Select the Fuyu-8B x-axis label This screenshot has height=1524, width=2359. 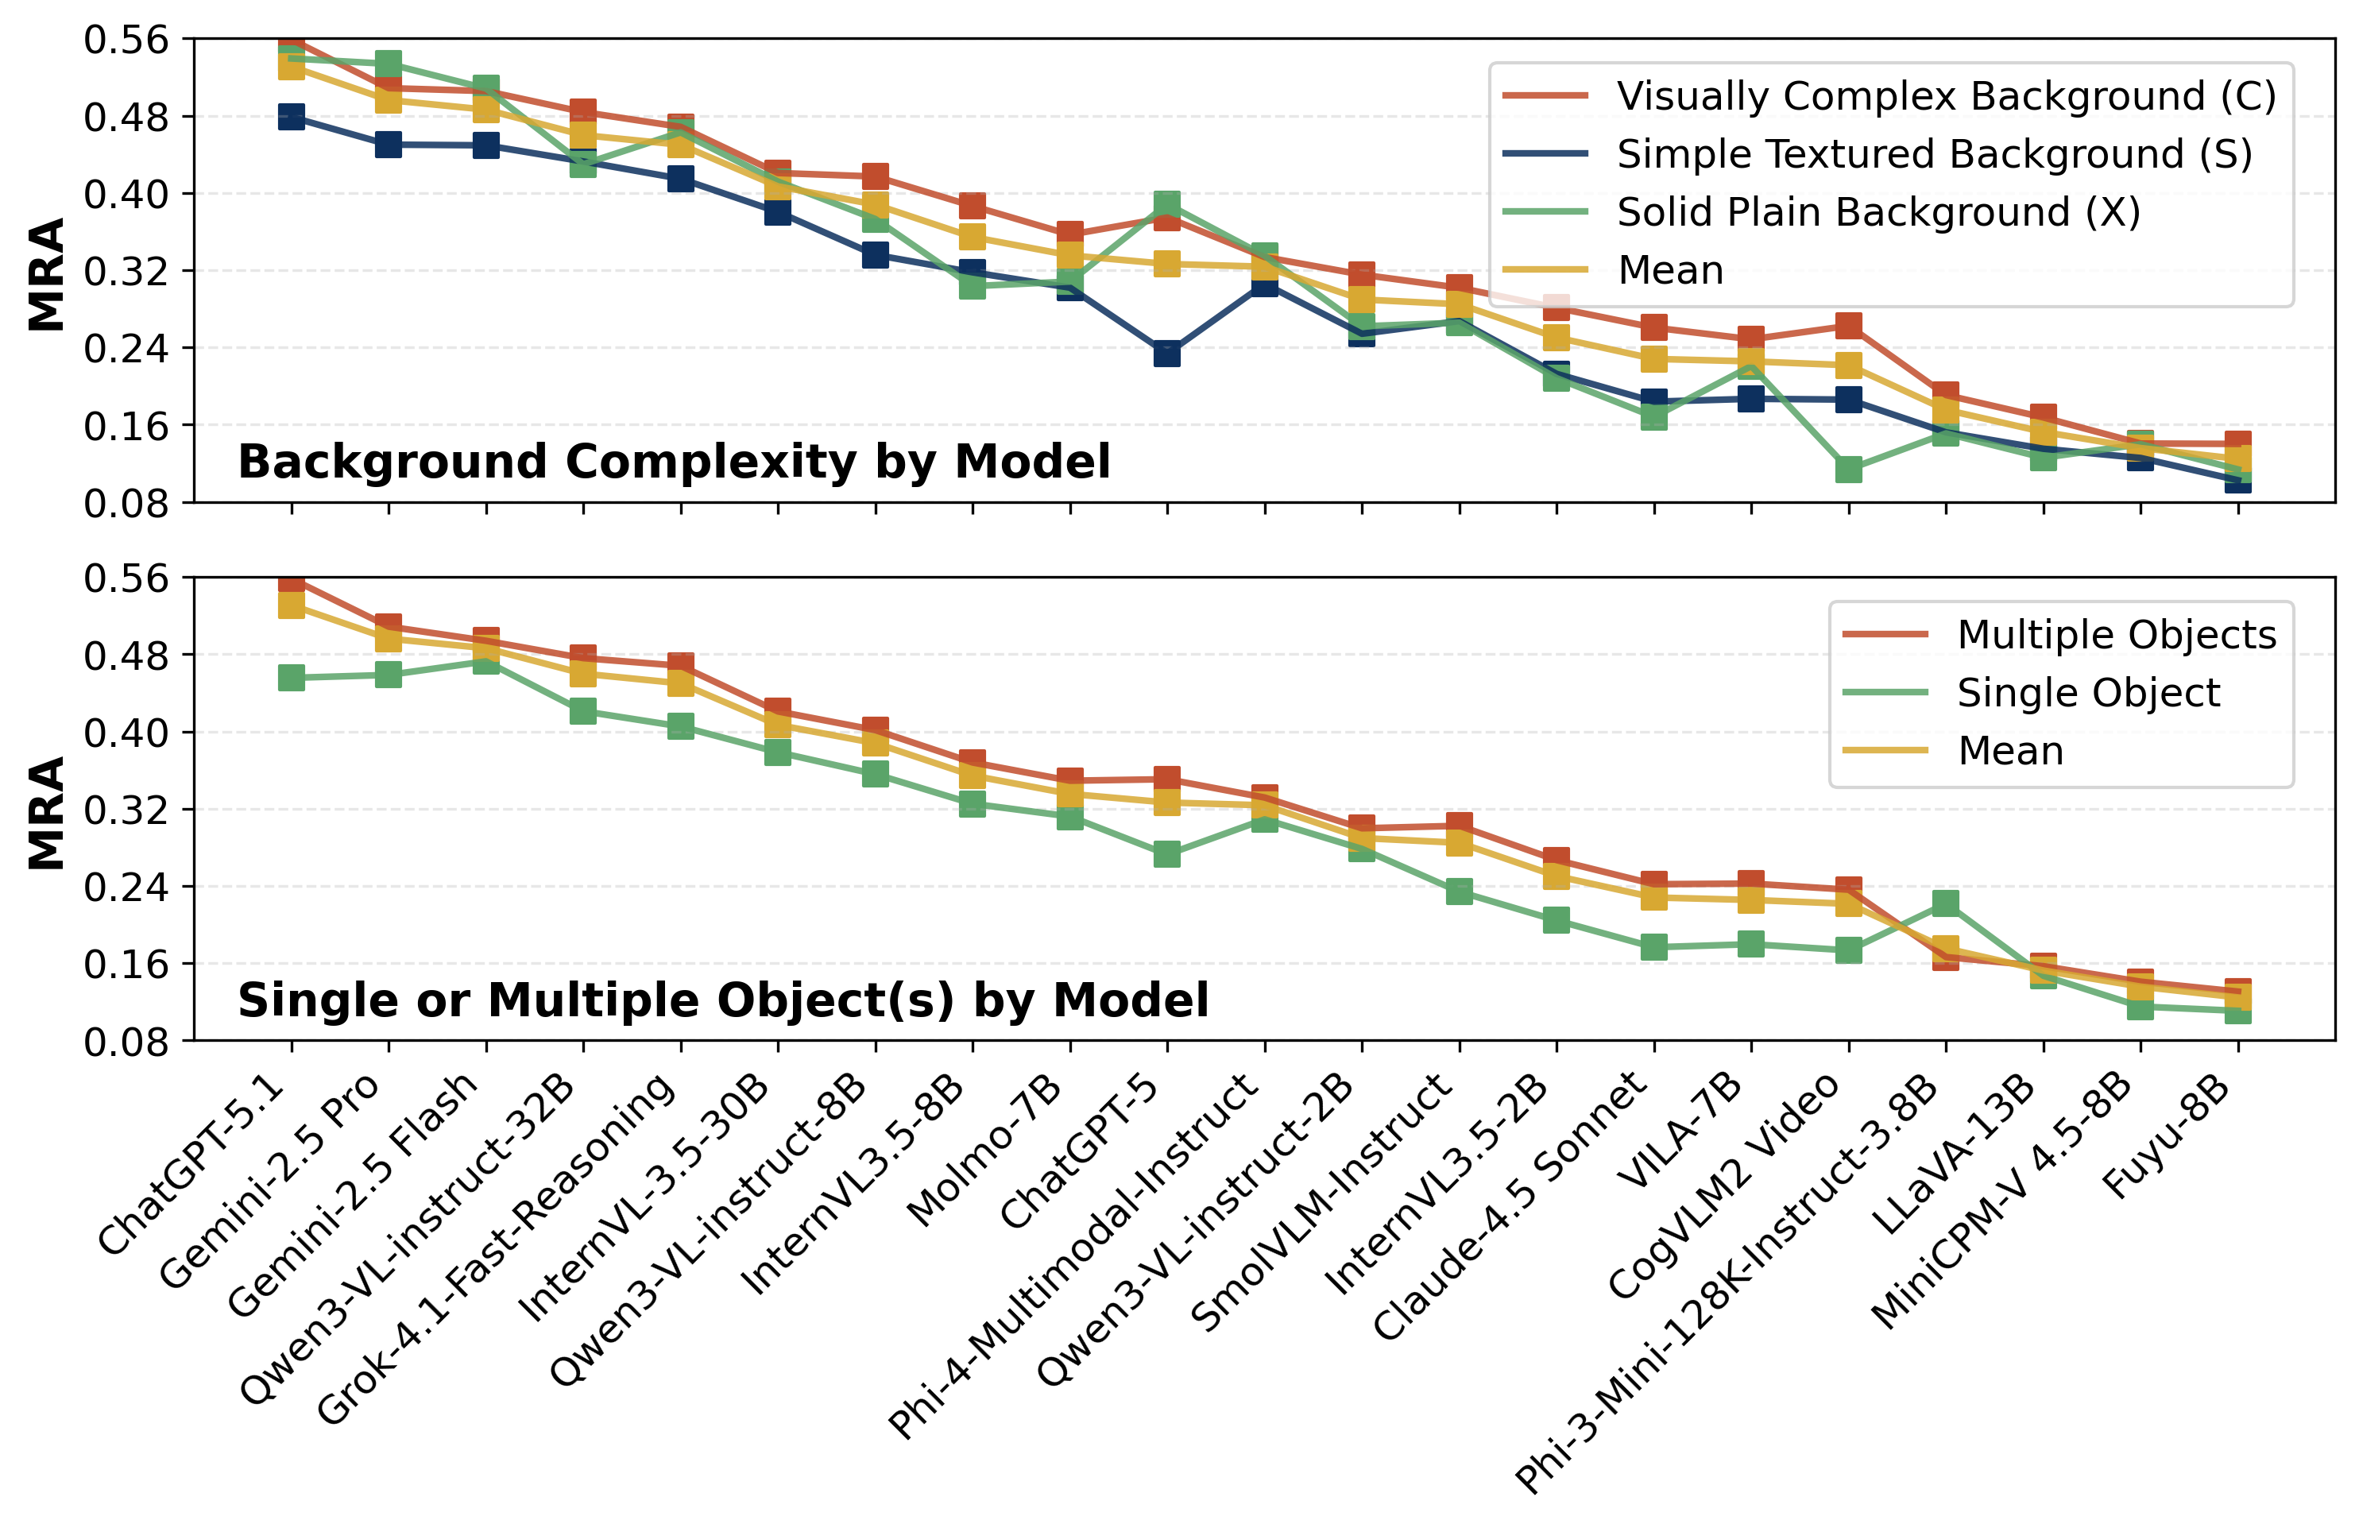click(x=2167, y=1138)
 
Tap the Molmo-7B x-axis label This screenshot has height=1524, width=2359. click(x=984, y=1153)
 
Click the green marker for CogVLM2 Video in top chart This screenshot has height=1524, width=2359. click(x=1848, y=469)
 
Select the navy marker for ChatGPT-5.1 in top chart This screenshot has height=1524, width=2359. click(x=291, y=117)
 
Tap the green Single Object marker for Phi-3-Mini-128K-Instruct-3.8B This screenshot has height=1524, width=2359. click(x=1945, y=903)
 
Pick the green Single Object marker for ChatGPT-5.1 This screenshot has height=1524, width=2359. click(x=291, y=678)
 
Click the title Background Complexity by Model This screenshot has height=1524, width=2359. click(x=674, y=462)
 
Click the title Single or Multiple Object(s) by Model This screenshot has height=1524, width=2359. click(x=722, y=1000)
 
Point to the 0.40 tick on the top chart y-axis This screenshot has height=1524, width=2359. click(x=126, y=194)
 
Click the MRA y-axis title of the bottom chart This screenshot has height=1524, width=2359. click(x=47, y=814)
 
